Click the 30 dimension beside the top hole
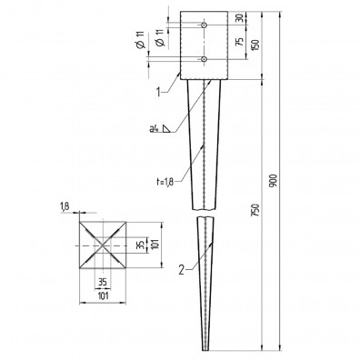tap(239, 18)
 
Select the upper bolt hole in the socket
tap(205, 24)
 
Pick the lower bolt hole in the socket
tap(205, 59)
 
